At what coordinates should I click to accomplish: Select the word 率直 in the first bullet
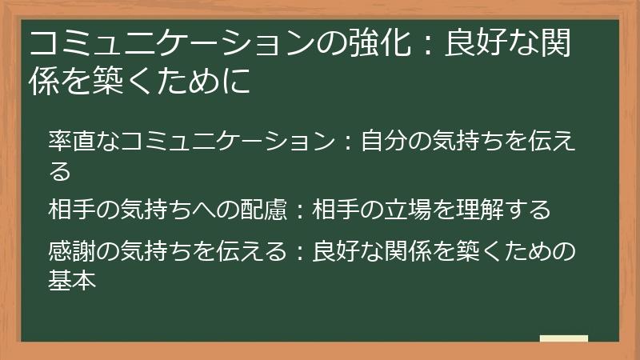pos(73,142)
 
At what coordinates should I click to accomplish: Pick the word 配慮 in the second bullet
pos(263,210)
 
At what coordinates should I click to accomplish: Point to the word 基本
pos(73,280)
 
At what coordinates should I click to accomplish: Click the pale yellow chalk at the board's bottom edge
pos(563,338)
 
